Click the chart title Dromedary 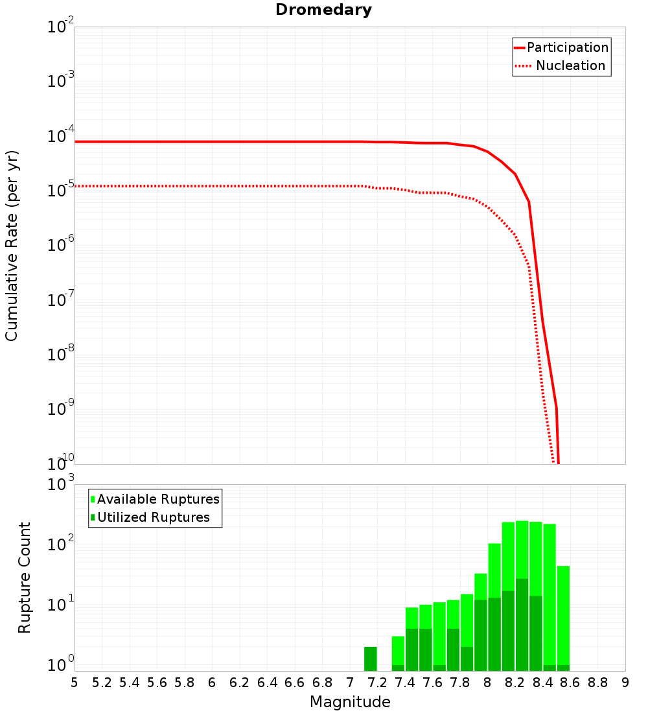(323, 10)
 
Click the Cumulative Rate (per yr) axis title (12, 246)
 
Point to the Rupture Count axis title (25, 578)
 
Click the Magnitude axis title (350, 702)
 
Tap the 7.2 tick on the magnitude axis (377, 683)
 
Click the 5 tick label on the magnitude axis (75, 683)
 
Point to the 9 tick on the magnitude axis (625, 683)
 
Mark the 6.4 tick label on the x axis (267, 683)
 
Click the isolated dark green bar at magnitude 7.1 (371, 659)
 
